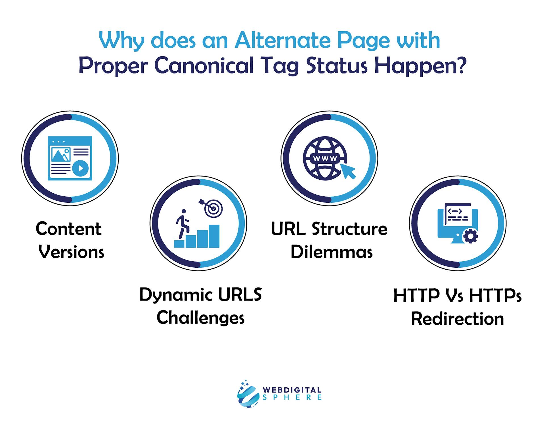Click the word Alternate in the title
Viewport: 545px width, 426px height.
(x=283, y=41)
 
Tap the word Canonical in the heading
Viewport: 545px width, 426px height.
(x=204, y=66)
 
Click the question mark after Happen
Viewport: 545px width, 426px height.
(x=461, y=66)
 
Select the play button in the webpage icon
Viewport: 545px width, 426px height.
(x=80, y=168)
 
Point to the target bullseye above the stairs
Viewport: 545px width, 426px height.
(x=213, y=209)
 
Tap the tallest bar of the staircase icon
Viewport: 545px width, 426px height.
(x=214, y=236)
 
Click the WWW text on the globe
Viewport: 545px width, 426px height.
(x=325, y=158)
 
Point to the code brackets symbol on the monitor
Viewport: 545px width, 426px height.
(x=454, y=211)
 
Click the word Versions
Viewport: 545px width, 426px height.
(x=71, y=252)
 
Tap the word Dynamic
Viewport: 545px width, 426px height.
(x=176, y=295)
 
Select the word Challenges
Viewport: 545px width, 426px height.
(x=200, y=318)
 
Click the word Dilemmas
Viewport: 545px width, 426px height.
(x=331, y=252)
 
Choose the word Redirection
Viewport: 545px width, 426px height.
(x=457, y=319)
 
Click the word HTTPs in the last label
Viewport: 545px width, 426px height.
(x=495, y=295)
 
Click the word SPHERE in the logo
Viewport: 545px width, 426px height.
(x=292, y=397)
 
